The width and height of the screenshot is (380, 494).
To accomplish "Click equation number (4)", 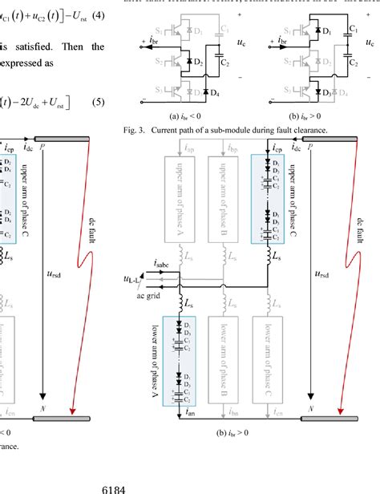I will tap(94, 13).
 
